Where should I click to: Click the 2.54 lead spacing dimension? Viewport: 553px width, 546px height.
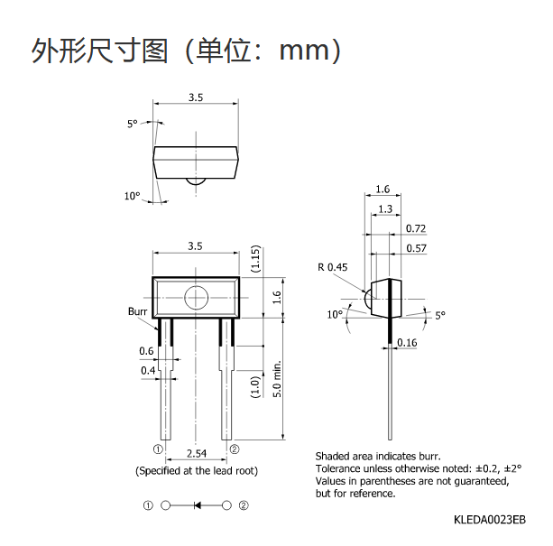197,453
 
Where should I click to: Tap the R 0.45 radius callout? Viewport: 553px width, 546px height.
333,267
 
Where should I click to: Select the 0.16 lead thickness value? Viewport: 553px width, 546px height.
407,342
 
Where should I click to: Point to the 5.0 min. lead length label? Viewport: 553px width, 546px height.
278,379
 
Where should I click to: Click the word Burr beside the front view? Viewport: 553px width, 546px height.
137,311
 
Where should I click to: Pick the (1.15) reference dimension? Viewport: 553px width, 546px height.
255,258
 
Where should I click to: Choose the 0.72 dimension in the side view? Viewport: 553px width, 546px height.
416,228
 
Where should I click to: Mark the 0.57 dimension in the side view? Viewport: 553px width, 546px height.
416,248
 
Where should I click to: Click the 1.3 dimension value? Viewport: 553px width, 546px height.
385,208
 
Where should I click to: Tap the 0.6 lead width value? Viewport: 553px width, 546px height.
146,351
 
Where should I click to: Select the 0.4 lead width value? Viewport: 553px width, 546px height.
148,370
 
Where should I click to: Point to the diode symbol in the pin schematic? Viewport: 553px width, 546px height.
198,505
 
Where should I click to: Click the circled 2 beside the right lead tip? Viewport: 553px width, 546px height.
235,449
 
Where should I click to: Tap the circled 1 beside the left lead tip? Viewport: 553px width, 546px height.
158,449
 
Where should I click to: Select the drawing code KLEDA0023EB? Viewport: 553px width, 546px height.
490,520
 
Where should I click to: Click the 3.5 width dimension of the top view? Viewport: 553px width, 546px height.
196,97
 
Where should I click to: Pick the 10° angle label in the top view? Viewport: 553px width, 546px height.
133,196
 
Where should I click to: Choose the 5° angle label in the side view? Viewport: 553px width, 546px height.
440,315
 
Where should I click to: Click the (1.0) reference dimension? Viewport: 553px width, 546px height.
255,387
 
